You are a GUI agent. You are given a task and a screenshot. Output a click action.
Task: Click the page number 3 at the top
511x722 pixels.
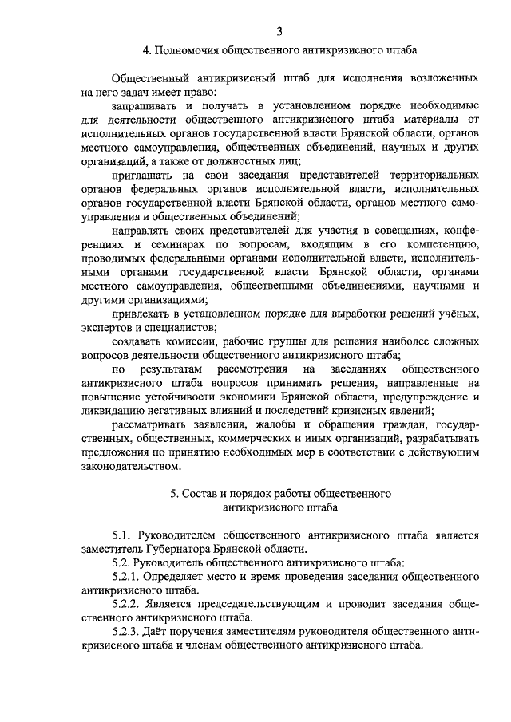pos(279,31)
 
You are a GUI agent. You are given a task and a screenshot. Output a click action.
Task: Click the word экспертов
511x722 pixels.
pos(109,326)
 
